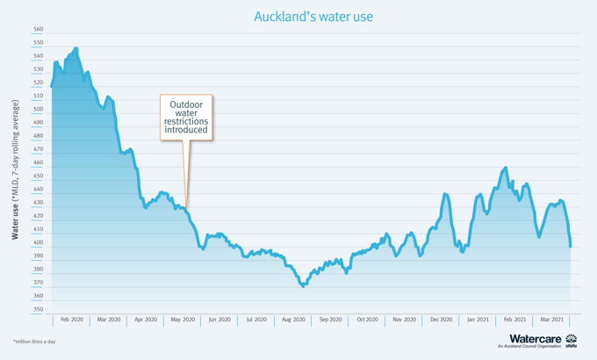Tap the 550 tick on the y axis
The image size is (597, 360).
(x=38, y=43)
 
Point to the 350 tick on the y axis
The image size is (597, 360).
(x=38, y=309)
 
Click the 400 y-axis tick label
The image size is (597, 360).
(x=38, y=242)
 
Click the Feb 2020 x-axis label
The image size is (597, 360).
(x=72, y=320)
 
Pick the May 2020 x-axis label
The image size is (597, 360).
(x=183, y=320)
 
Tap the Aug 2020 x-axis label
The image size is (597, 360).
(x=293, y=320)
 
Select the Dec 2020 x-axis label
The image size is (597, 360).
(x=441, y=320)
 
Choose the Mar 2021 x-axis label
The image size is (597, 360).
(x=551, y=320)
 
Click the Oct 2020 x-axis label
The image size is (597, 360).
(x=367, y=320)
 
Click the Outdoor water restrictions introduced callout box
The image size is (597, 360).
(x=187, y=117)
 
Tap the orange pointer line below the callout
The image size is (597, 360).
(x=184, y=171)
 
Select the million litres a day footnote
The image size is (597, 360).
(x=33, y=341)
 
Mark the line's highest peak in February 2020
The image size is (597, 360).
(x=76, y=48)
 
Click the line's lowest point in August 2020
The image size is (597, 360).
(x=303, y=285)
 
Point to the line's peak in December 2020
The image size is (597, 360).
(x=446, y=194)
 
